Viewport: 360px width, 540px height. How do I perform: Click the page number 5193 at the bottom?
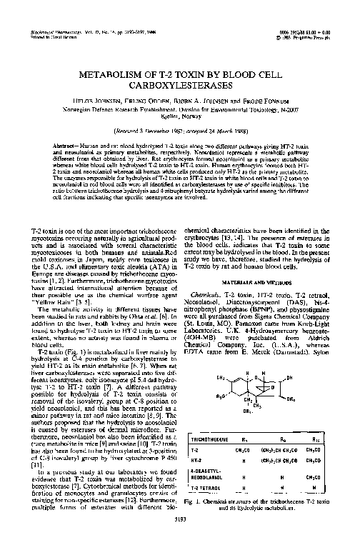pyautogui.click(x=179, y=527)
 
